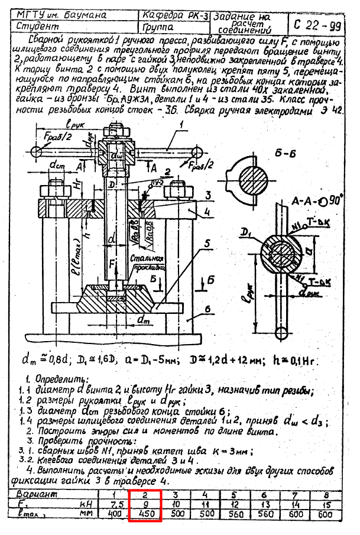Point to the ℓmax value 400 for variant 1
(x=116, y=514)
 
